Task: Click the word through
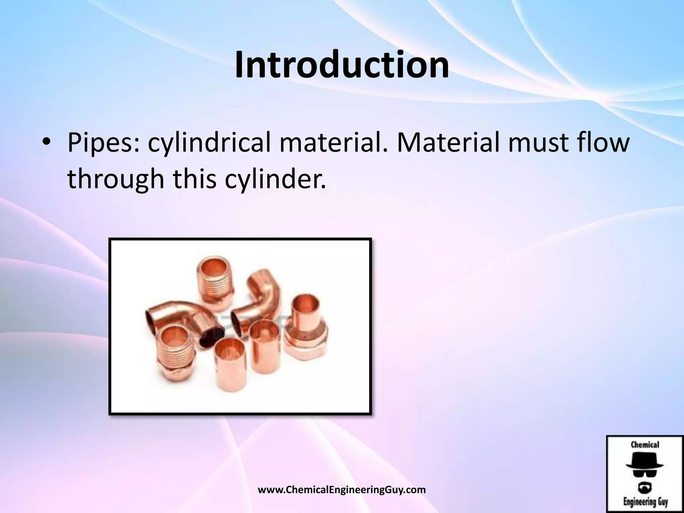[x=116, y=179]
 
